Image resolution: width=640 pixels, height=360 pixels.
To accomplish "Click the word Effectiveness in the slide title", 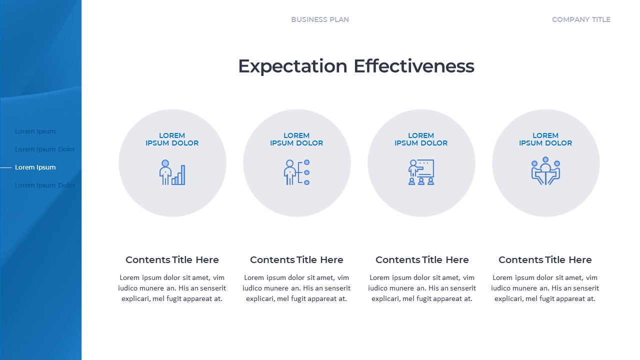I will point(414,66).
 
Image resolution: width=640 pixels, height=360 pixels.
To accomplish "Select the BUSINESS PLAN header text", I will point(320,19).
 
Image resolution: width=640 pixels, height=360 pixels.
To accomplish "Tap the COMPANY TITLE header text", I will point(581,19).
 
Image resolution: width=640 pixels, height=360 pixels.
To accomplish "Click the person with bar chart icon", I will point(172,172).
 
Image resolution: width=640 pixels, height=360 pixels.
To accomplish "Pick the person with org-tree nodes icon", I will point(296,172).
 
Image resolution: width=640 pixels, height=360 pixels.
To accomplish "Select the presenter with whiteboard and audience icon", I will point(421,172).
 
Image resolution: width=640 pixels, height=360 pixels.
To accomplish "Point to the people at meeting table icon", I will point(545,171).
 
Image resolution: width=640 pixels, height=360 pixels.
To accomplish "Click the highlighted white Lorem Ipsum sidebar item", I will point(35,167).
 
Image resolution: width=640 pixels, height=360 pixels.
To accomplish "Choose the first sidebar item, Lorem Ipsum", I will point(35,131).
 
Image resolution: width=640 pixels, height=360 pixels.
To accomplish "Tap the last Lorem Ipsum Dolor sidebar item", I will point(45,185).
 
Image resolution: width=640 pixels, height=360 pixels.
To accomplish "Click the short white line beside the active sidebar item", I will point(6,167).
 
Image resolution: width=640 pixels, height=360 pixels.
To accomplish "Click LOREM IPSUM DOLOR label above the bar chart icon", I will point(172,139).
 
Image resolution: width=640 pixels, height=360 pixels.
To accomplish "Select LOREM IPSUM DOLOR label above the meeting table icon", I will point(545,139).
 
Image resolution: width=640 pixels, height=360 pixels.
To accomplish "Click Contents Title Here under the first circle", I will point(172,260).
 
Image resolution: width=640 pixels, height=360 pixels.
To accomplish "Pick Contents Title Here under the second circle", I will point(296,260).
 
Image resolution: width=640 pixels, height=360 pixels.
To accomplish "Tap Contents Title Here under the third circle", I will point(422,260).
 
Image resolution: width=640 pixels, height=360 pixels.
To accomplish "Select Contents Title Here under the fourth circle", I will point(545,260).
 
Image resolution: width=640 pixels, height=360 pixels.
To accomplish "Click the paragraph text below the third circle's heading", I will point(422,288).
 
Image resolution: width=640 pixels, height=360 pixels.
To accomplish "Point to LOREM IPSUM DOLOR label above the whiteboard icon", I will point(421,139).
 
